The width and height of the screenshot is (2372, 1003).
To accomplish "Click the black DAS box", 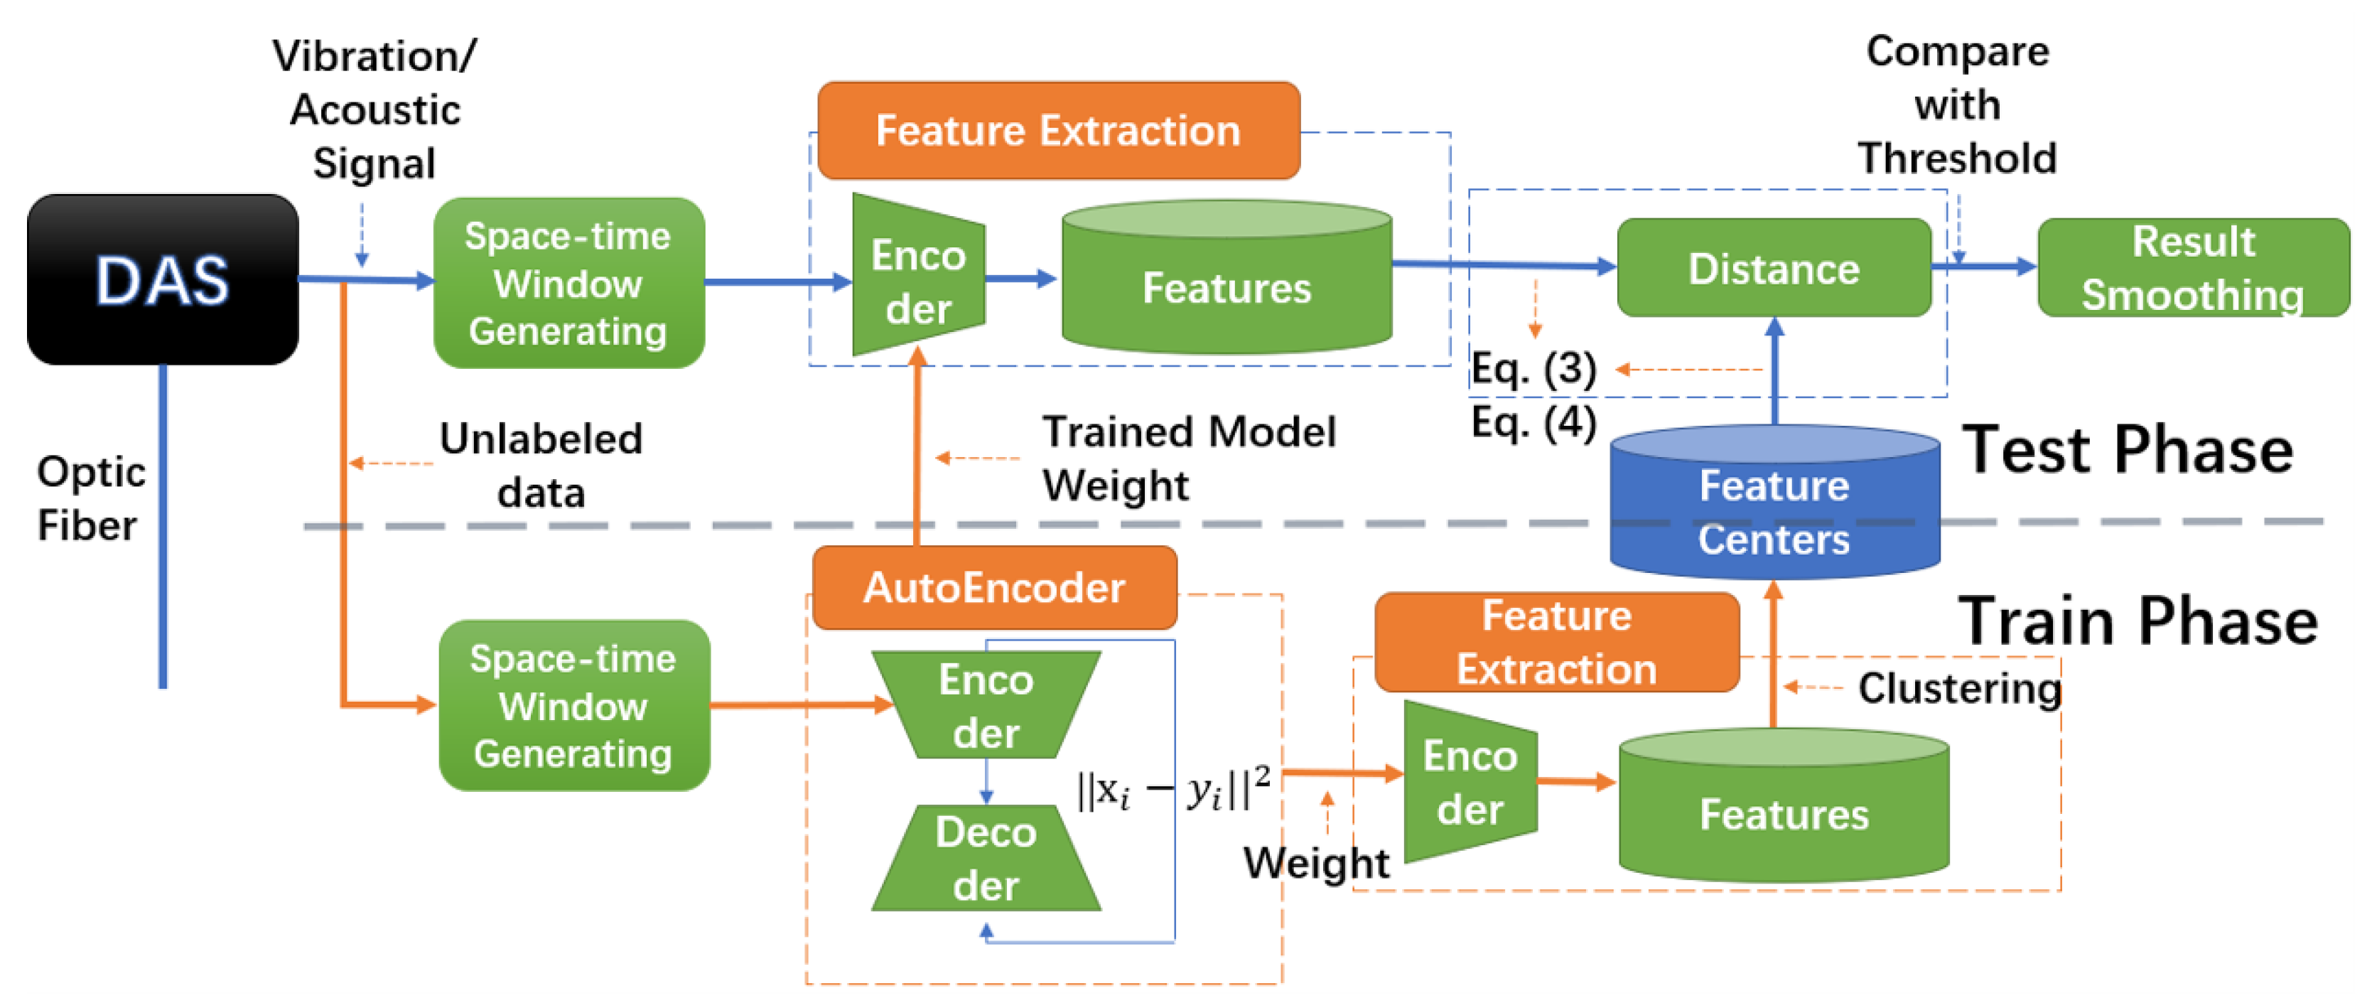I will pyautogui.click(x=162, y=279).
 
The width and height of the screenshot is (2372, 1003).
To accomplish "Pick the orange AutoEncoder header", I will pyautogui.click(x=993, y=588).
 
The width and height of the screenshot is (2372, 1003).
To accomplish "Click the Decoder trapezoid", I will pyautogui.click(x=986, y=859).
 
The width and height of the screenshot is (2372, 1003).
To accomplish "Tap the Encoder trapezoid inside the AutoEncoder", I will pyautogui.click(x=986, y=705).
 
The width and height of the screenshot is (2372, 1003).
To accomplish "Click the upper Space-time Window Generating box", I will pyautogui.click(x=568, y=283).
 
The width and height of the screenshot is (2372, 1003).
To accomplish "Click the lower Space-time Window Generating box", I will pyautogui.click(x=573, y=705).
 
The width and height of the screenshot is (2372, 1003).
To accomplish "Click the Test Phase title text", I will pyautogui.click(x=2127, y=451).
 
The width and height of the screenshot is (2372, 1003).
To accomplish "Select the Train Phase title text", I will pyautogui.click(x=2136, y=622).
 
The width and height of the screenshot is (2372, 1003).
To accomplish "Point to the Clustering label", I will pyautogui.click(x=1958, y=688).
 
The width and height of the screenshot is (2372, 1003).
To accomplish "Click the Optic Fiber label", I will pyautogui.click(x=90, y=498).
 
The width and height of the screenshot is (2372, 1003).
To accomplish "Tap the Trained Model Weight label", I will pyautogui.click(x=1188, y=458).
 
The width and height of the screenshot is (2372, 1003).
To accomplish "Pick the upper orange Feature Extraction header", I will pyautogui.click(x=1058, y=130).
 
